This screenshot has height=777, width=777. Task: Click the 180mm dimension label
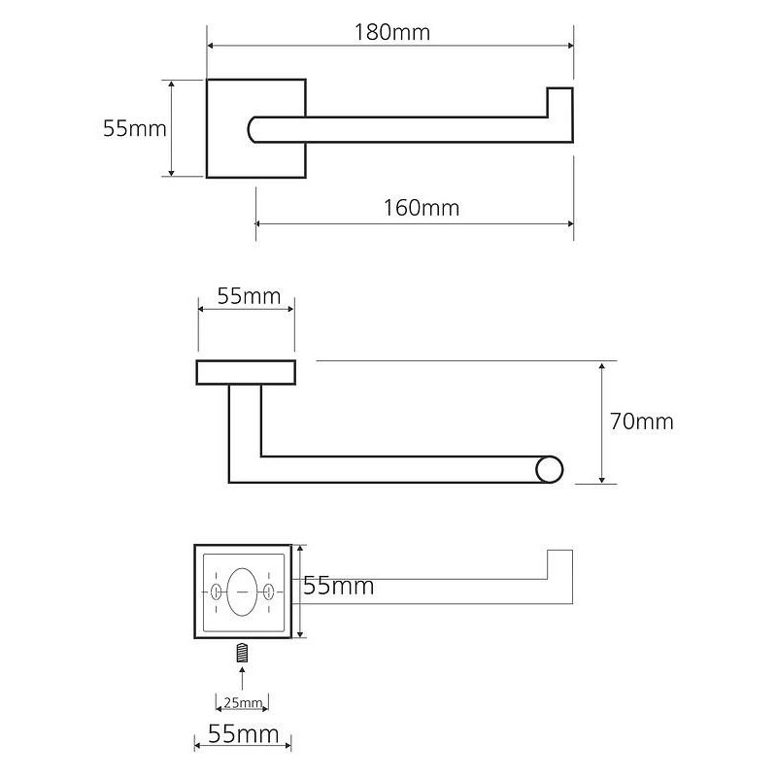tap(392, 33)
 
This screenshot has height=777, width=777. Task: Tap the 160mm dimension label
tap(422, 208)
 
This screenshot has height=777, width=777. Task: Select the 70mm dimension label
tap(642, 422)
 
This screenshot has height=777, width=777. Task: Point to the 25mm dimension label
tap(243, 702)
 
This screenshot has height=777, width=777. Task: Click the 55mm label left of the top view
tap(135, 129)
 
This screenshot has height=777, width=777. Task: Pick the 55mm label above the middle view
tap(249, 296)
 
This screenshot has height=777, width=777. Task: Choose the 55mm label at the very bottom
tap(244, 734)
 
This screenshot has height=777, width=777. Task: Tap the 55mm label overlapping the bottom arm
tap(338, 586)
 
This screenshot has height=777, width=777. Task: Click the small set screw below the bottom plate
tap(242, 653)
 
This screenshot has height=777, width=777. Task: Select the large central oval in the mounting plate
tap(242, 592)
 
